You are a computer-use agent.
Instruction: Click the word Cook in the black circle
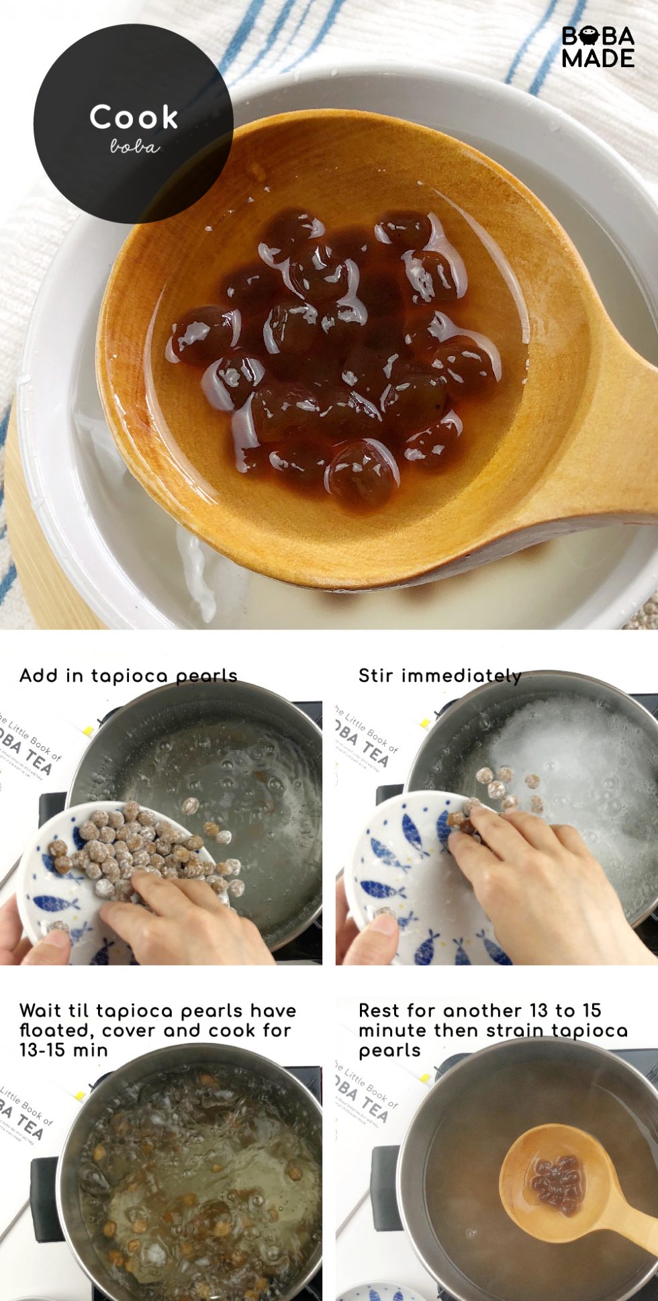[x=134, y=118]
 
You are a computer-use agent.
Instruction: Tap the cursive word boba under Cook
[x=135, y=146]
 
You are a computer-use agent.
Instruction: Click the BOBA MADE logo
[x=598, y=47]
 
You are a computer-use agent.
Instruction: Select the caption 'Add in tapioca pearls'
[x=128, y=676]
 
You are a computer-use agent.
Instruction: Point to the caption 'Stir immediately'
[x=440, y=676]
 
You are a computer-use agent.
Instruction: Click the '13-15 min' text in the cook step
[x=64, y=1050]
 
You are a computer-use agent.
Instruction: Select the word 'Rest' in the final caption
[x=381, y=1011]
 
